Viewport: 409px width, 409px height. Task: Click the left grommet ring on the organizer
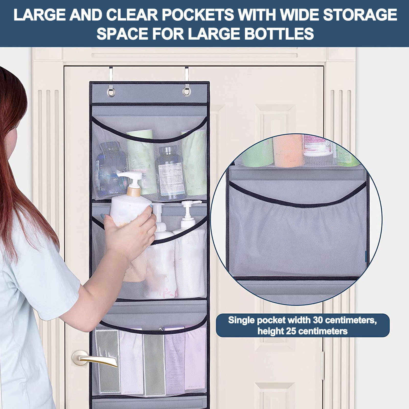point(111,92)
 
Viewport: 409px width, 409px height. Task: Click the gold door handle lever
point(97,359)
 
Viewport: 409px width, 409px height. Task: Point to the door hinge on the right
point(323,366)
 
